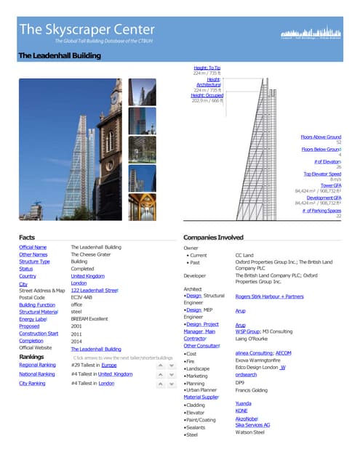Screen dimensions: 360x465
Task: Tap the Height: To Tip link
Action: point(207,68)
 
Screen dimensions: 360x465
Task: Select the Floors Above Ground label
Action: point(321,137)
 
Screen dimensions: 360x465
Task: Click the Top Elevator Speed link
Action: point(322,174)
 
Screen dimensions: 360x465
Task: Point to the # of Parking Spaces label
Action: point(321,210)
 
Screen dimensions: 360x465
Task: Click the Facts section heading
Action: point(27,238)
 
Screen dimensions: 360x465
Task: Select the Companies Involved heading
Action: point(213,238)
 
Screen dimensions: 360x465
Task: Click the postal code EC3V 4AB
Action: point(81,297)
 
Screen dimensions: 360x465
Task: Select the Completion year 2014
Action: point(77,341)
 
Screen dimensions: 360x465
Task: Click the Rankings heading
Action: point(32,357)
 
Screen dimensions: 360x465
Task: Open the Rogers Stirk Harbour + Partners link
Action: point(269,296)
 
